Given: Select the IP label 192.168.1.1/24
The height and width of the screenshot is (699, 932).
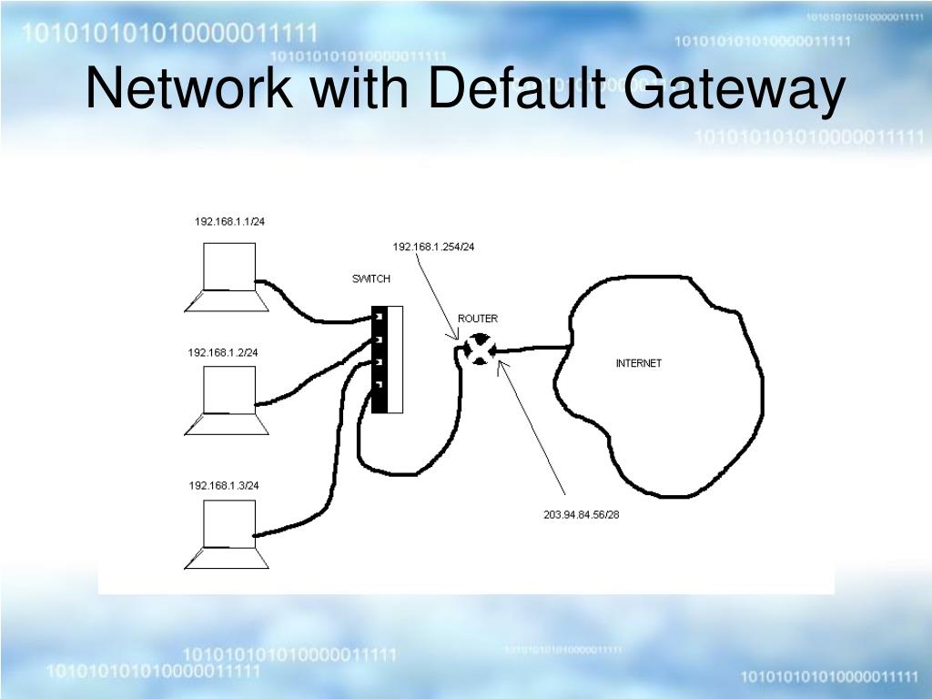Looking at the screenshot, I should (229, 221).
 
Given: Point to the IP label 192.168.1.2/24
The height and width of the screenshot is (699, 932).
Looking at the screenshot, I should (223, 352).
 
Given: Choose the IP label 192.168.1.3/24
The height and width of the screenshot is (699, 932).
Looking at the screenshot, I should (224, 485).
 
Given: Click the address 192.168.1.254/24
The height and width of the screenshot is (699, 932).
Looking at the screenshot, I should (434, 247).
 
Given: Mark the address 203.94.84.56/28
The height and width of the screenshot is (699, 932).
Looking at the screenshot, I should (582, 514).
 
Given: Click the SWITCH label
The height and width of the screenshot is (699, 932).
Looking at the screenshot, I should (371, 279).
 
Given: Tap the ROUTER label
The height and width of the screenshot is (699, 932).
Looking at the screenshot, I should (478, 319).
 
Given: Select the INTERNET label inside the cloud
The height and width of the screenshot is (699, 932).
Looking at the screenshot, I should (639, 363).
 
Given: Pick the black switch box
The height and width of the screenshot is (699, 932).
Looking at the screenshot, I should (380, 360).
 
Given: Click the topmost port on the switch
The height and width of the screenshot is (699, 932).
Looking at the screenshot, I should (378, 317).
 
